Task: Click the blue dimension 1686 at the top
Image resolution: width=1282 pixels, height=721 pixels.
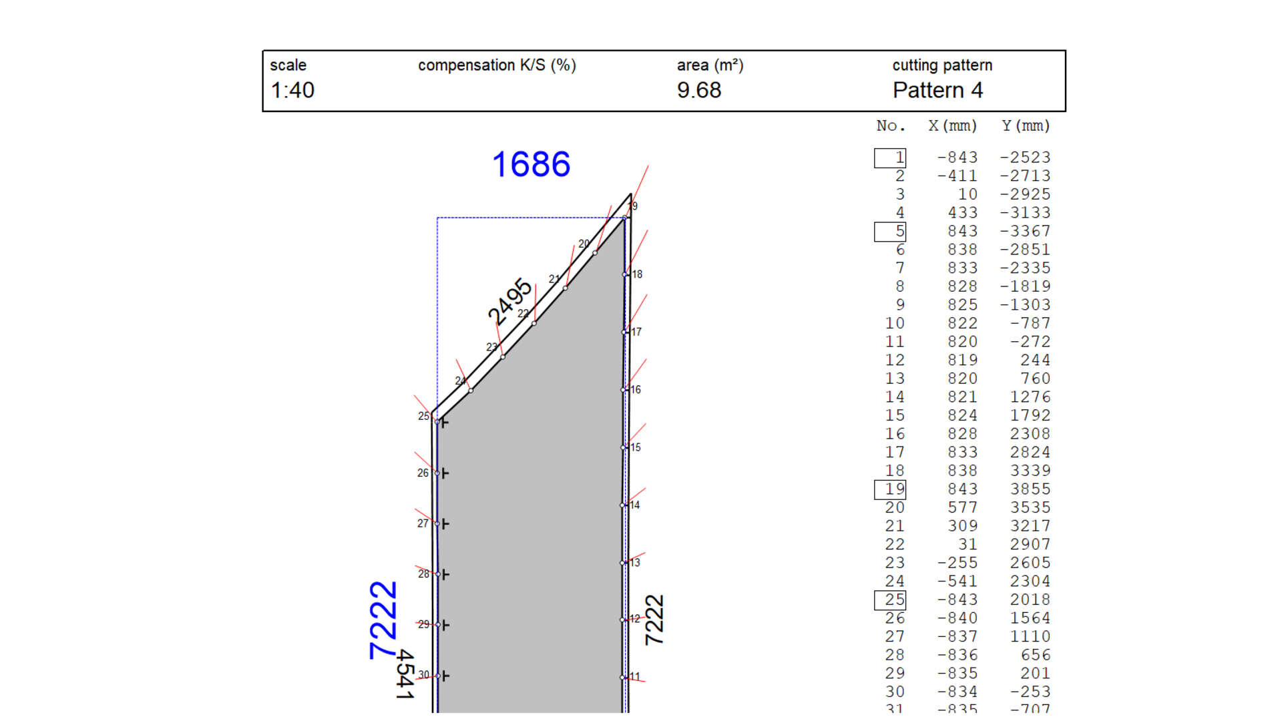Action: [x=531, y=164]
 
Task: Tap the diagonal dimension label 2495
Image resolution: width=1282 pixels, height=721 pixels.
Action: [x=509, y=302]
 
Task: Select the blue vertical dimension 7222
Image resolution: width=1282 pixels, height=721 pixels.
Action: [x=383, y=620]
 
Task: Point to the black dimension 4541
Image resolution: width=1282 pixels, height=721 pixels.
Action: [x=405, y=674]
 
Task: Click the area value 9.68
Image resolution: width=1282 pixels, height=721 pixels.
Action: [x=699, y=90]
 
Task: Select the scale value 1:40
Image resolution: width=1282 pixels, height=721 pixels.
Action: [x=292, y=90]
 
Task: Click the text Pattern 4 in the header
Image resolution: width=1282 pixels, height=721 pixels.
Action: [x=937, y=90]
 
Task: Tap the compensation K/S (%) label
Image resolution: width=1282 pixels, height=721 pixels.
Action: [x=497, y=65]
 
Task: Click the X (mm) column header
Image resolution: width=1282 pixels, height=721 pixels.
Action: [x=952, y=126]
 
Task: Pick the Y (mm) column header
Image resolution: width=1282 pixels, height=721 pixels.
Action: [x=1026, y=126]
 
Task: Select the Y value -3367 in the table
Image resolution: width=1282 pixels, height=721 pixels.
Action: [x=1025, y=232]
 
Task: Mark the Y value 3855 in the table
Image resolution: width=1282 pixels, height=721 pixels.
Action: [x=1030, y=489]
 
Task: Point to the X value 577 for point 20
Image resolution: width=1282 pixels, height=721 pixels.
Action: [x=962, y=508]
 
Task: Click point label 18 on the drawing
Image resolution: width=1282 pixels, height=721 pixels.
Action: [x=637, y=274]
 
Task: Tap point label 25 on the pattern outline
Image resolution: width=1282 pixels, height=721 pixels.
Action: [x=423, y=416]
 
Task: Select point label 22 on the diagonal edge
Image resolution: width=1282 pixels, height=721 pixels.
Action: [x=523, y=314]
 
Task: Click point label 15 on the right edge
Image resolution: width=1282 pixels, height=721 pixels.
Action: [x=635, y=447]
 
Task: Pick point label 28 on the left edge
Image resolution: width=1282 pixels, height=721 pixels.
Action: [x=423, y=574]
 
